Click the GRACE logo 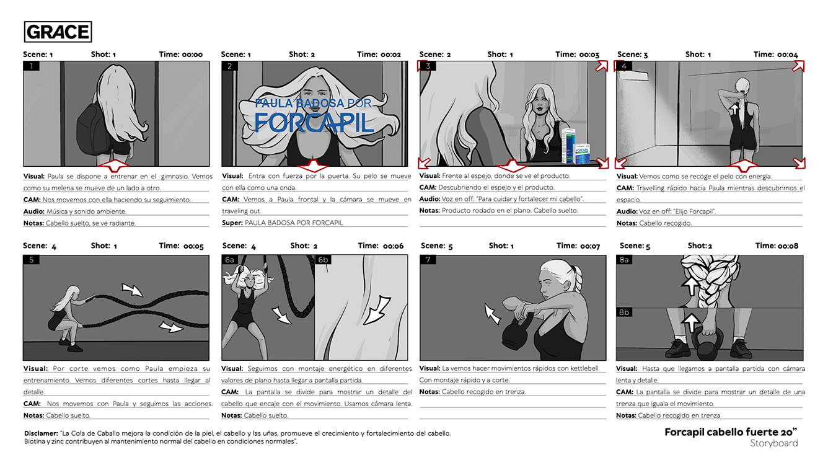click(58, 32)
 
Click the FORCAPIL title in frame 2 click(314, 122)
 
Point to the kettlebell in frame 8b click(709, 344)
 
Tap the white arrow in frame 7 click(493, 314)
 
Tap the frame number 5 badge click(31, 260)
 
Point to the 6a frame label click(230, 260)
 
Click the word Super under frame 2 click(232, 223)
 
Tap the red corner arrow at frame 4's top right click(799, 66)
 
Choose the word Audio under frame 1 click(33, 211)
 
